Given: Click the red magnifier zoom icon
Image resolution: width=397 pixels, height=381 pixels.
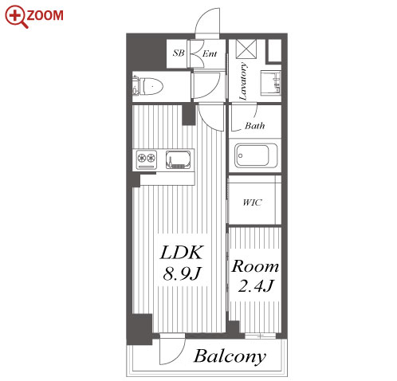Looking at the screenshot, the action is [x=17, y=17].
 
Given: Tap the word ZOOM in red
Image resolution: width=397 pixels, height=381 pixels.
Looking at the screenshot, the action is [x=45, y=15].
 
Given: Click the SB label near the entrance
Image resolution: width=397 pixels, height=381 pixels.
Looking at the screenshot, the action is [x=179, y=53].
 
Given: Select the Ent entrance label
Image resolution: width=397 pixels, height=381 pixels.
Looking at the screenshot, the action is [x=210, y=53].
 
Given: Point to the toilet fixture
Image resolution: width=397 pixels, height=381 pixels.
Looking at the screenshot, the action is [x=147, y=86].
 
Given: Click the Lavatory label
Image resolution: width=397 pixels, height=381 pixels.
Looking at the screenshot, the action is [x=243, y=81].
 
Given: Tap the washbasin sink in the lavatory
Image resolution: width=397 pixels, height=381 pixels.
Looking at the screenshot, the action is [x=270, y=83].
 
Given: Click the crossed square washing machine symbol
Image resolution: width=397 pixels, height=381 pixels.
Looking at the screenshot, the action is [x=246, y=49].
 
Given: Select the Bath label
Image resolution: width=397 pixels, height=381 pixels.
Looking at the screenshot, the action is [x=254, y=125].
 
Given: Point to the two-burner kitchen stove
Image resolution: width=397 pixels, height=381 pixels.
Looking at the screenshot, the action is [x=146, y=159].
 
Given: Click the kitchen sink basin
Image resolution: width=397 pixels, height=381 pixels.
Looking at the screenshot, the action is [x=178, y=159].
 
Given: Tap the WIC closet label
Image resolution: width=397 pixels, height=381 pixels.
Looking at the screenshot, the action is [x=252, y=202].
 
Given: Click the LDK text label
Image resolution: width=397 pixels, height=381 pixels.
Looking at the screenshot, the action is [x=182, y=253].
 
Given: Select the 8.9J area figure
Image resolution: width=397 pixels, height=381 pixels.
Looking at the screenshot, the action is [x=182, y=273].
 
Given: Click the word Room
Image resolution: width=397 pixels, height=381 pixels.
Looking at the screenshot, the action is [x=255, y=266].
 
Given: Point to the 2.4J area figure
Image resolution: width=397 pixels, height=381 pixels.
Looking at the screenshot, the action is [x=256, y=286].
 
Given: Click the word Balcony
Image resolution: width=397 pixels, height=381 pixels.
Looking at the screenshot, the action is [x=230, y=356].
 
